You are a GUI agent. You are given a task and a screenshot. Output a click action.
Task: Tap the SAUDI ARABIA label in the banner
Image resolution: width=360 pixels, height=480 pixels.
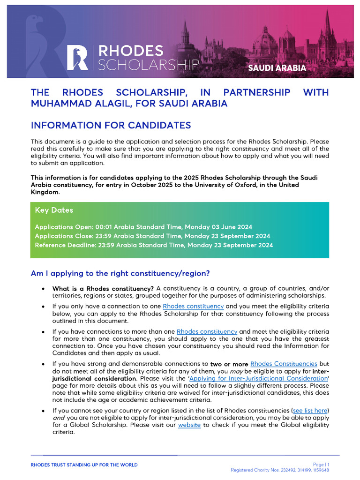click(x=277, y=68)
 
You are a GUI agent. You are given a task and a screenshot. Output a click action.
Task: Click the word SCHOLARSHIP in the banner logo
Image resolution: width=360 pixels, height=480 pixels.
click(x=149, y=64)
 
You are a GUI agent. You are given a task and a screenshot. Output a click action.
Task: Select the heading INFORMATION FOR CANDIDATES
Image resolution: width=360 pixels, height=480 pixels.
click(x=111, y=125)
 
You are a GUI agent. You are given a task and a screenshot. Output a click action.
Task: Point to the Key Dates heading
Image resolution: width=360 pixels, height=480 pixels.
click(x=54, y=210)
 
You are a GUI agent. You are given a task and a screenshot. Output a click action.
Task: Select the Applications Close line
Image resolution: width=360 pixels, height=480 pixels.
click(x=152, y=236)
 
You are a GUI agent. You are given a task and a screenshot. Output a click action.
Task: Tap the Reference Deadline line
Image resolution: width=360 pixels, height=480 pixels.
click(x=154, y=245)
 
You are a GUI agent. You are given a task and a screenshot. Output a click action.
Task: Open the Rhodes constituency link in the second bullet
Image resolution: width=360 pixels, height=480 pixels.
click(x=193, y=307)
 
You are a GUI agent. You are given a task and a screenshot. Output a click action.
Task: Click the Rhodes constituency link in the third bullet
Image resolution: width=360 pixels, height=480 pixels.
click(x=207, y=331)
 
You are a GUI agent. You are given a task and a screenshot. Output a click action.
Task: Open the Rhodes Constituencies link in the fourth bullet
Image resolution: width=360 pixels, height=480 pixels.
click(x=284, y=364)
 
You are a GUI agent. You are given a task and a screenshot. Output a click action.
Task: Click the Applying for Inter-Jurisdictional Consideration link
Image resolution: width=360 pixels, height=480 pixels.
click(x=258, y=378)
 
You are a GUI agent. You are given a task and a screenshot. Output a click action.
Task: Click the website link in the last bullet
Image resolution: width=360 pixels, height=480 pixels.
click(x=189, y=425)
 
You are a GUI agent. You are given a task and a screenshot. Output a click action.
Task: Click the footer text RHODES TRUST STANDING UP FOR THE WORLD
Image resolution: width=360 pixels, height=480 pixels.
click(x=84, y=465)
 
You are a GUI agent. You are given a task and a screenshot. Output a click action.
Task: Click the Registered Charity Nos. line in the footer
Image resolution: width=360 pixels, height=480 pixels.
click(x=279, y=470)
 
